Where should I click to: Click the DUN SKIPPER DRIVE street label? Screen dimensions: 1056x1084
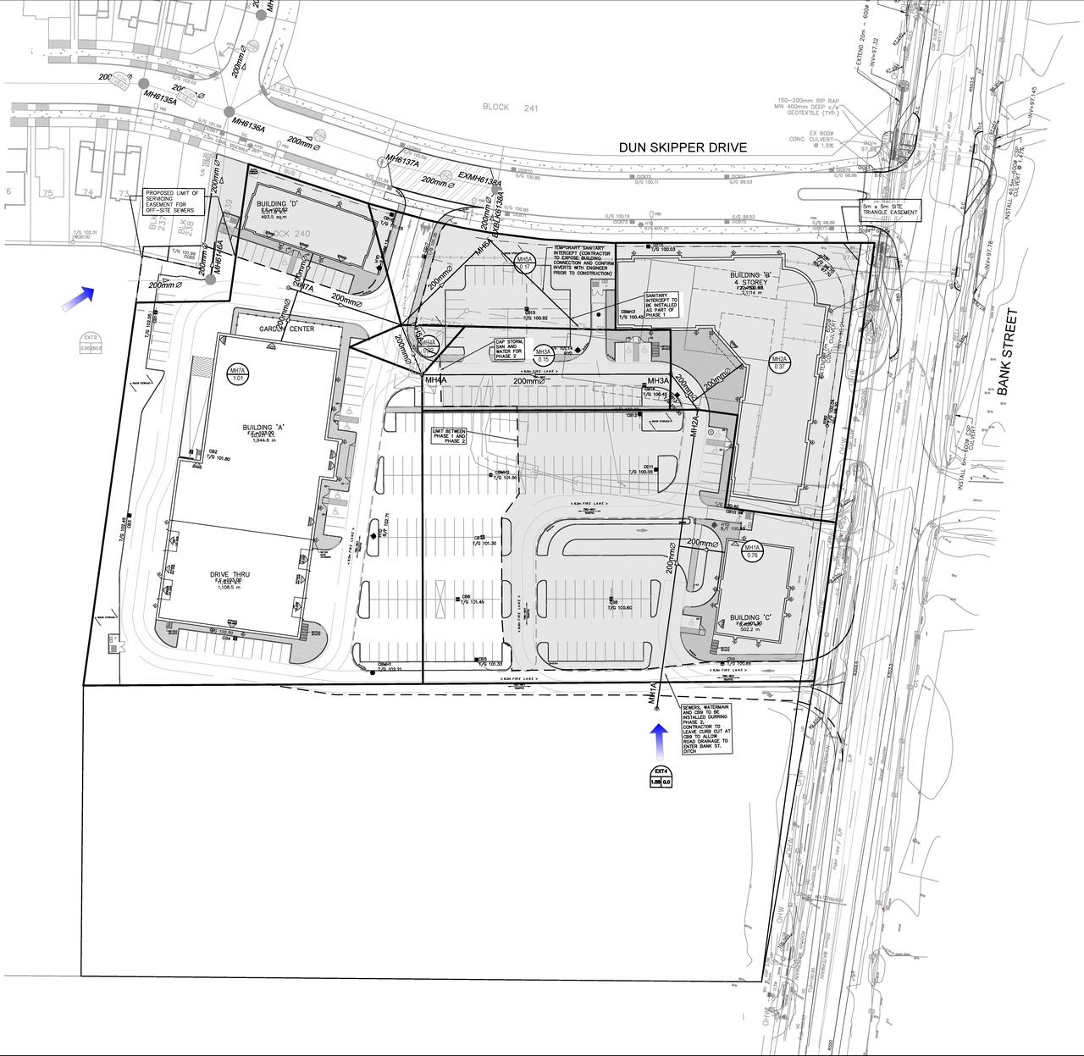coord(683,147)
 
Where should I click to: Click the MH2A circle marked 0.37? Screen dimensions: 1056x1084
coord(779,364)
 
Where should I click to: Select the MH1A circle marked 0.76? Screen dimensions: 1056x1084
coord(752,552)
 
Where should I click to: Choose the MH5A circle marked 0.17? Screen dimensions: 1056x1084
coord(524,263)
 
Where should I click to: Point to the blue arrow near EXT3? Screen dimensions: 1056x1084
coord(77,298)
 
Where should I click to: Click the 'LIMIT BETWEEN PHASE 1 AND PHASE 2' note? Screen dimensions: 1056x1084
coord(450,436)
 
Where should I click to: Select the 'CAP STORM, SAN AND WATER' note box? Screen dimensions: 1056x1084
coord(512,349)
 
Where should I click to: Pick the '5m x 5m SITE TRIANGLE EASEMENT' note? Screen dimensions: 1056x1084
coord(888,209)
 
